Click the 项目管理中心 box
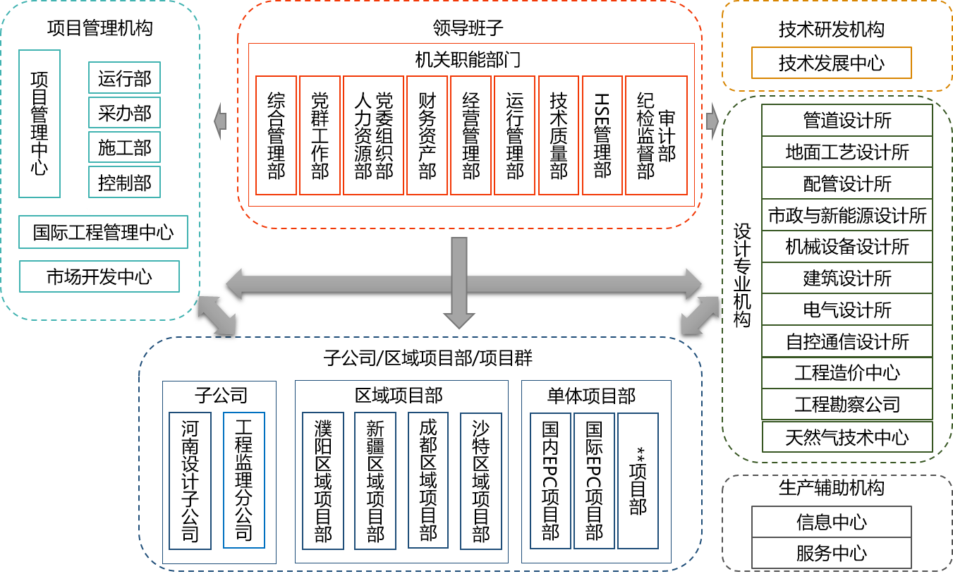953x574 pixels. tap(40, 124)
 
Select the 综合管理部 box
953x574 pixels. tap(276, 135)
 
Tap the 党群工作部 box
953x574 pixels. tap(320, 135)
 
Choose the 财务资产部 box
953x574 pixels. tap(427, 135)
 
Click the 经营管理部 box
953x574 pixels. tap(471, 135)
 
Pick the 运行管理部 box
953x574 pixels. tap(514, 135)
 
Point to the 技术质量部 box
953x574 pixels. tap(559, 135)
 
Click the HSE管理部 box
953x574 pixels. tap(602, 135)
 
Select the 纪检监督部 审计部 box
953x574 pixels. tap(656, 135)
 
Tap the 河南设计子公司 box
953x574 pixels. tap(190, 481)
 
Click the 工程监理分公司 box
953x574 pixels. tap(243, 480)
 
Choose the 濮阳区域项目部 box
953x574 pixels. tap(323, 481)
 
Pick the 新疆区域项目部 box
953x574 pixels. tap(375, 481)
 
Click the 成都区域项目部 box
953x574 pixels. tap(428, 480)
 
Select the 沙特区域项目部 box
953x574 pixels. tap(480, 481)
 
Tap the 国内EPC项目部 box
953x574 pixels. tap(550, 481)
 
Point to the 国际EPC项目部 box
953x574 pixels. tap(594, 481)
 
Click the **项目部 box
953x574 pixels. tap(638, 481)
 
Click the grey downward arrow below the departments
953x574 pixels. tap(459, 282)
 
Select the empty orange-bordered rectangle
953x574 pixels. tap(832, 63)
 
